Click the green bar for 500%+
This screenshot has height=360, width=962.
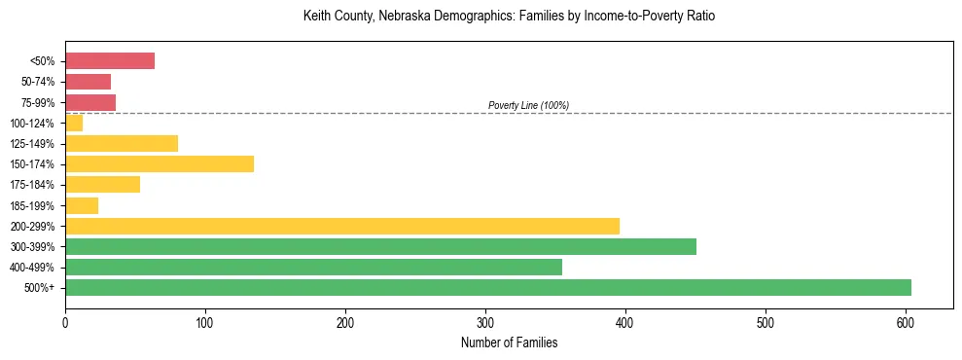click(487, 287)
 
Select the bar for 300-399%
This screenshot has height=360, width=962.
click(380, 246)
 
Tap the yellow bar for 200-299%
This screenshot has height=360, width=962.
click(341, 226)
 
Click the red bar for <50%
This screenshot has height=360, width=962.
click(110, 61)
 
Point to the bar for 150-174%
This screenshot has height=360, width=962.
click(160, 163)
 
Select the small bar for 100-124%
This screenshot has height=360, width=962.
click(74, 123)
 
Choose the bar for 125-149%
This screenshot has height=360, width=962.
click(122, 143)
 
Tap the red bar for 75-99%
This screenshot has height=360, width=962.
click(90, 102)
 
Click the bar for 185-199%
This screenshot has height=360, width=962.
click(82, 205)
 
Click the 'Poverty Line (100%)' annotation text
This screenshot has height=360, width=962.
click(528, 105)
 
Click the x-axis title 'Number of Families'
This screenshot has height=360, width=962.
click(509, 342)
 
